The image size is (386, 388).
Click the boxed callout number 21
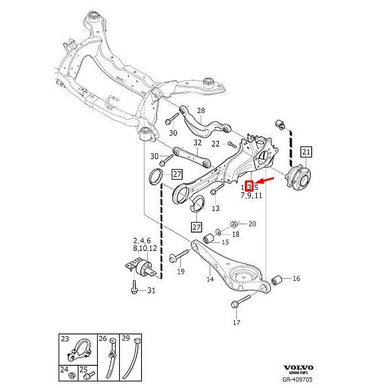[305, 151]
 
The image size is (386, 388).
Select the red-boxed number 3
[249, 188]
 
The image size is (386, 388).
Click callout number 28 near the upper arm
[201, 110]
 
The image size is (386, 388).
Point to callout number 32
[197, 142]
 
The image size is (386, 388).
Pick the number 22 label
[215, 143]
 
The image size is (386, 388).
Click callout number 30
[154, 156]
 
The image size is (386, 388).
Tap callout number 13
[215, 208]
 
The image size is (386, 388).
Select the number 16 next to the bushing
[296, 278]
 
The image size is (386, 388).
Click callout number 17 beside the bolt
[236, 323]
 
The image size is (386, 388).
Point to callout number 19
[180, 272]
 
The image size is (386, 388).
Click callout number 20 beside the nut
[252, 224]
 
